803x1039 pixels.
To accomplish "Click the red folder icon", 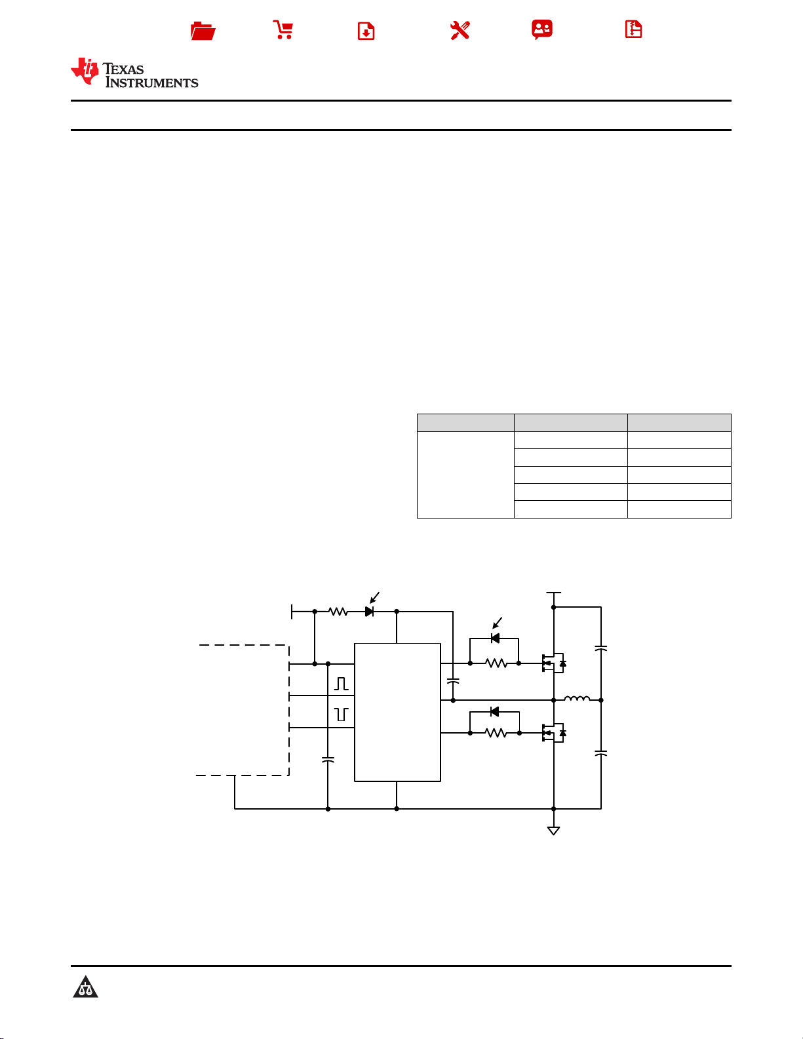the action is point(203,31).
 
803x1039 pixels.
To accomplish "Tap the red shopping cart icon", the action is point(283,29).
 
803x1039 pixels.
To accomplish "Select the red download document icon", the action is point(366,31).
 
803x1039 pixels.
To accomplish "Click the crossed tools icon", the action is point(460,31).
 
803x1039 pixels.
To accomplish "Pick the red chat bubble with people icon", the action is point(542,29).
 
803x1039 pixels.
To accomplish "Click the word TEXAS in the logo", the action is point(123,69).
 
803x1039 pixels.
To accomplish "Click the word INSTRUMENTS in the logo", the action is point(151,83).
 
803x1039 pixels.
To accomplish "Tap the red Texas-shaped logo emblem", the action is point(85,71).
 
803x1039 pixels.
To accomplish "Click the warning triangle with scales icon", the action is point(86,987).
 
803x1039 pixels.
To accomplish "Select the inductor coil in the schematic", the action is point(577,698).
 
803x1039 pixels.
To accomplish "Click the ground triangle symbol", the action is point(553,831).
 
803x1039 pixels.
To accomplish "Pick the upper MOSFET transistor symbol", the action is point(554,663).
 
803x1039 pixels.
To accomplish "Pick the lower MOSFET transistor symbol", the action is point(554,732).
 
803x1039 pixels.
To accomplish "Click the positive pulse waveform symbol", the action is point(342,684).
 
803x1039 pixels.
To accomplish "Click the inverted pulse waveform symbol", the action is point(342,715).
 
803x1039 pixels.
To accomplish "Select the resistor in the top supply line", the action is point(338,612).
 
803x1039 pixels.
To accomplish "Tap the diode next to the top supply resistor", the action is point(369,612).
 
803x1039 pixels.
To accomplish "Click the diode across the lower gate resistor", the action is point(495,712).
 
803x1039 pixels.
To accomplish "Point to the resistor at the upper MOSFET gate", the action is point(496,663).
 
